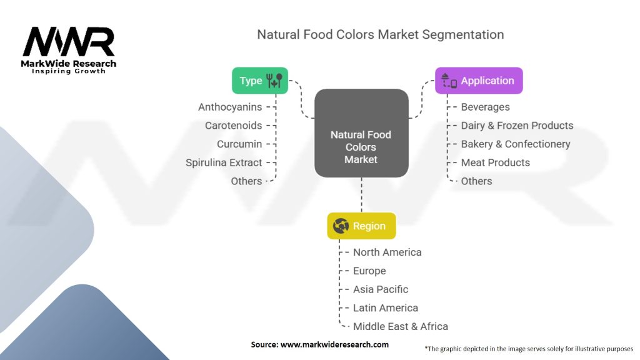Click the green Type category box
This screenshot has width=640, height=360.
click(x=260, y=81)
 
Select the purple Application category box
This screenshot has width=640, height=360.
click(x=479, y=81)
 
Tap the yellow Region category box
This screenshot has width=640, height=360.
click(x=361, y=226)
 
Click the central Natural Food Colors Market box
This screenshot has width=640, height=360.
click(x=361, y=133)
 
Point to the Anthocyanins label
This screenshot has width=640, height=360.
click(x=230, y=107)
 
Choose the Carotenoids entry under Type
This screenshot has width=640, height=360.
click(x=234, y=125)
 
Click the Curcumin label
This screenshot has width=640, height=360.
click(x=239, y=144)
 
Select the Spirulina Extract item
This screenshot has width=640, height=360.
click(x=224, y=162)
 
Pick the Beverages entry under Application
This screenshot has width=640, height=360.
click(x=485, y=107)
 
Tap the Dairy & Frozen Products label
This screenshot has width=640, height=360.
click(x=517, y=125)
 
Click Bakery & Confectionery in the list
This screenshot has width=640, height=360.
click(x=516, y=144)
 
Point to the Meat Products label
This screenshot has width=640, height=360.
click(x=496, y=162)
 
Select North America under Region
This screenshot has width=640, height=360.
click(x=387, y=252)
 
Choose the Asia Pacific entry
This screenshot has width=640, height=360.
click(x=381, y=289)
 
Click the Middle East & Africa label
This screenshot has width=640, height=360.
click(x=401, y=326)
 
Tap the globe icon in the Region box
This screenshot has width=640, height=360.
click(x=341, y=226)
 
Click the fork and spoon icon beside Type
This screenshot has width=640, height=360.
click(x=274, y=81)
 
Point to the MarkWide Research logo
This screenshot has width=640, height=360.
click(x=69, y=51)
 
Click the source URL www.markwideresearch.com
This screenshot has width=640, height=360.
click(x=335, y=344)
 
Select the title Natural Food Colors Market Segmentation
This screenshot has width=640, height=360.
click(x=381, y=35)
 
